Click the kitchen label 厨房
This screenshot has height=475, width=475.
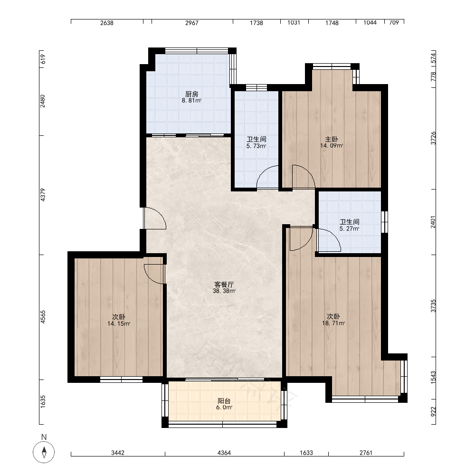pyautogui.click(x=192, y=94)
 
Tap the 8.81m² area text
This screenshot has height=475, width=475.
pyautogui.click(x=192, y=101)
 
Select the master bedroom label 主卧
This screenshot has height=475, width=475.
pyautogui.click(x=332, y=139)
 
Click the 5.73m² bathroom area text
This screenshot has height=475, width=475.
pyautogui.click(x=256, y=146)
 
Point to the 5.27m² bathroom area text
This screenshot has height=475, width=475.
pyautogui.click(x=349, y=229)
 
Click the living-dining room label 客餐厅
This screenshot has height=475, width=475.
pyautogui.click(x=224, y=285)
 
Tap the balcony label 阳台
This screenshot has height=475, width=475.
pyautogui.click(x=224, y=401)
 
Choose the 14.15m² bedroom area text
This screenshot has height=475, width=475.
pyautogui.click(x=119, y=323)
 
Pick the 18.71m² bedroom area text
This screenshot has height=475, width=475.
pyautogui.click(x=333, y=323)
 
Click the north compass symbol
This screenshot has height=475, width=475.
pyautogui.click(x=44, y=452)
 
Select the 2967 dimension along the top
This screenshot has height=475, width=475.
pyautogui.click(x=192, y=23)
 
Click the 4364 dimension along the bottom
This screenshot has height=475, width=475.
pyautogui.click(x=224, y=453)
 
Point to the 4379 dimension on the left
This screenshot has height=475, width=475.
pyautogui.click(x=43, y=195)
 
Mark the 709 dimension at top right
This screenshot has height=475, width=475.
pyautogui.click(x=394, y=22)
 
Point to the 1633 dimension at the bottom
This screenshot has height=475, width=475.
pyautogui.click(x=306, y=453)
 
